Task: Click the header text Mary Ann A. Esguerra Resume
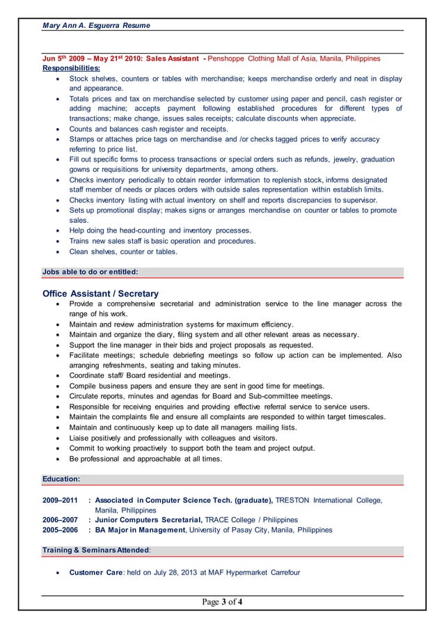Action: [x=96, y=25]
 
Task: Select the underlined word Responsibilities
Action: [x=71, y=68]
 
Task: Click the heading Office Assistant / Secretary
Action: [x=100, y=294]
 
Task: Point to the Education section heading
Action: [x=61, y=480]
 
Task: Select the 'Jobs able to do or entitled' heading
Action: [x=90, y=272]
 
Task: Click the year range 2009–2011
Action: [x=61, y=500]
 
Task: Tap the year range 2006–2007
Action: [x=61, y=520]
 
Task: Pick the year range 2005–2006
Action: [x=61, y=530]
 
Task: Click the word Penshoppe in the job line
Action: [x=228, y=58]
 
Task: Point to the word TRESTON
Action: [x=293, y=500]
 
